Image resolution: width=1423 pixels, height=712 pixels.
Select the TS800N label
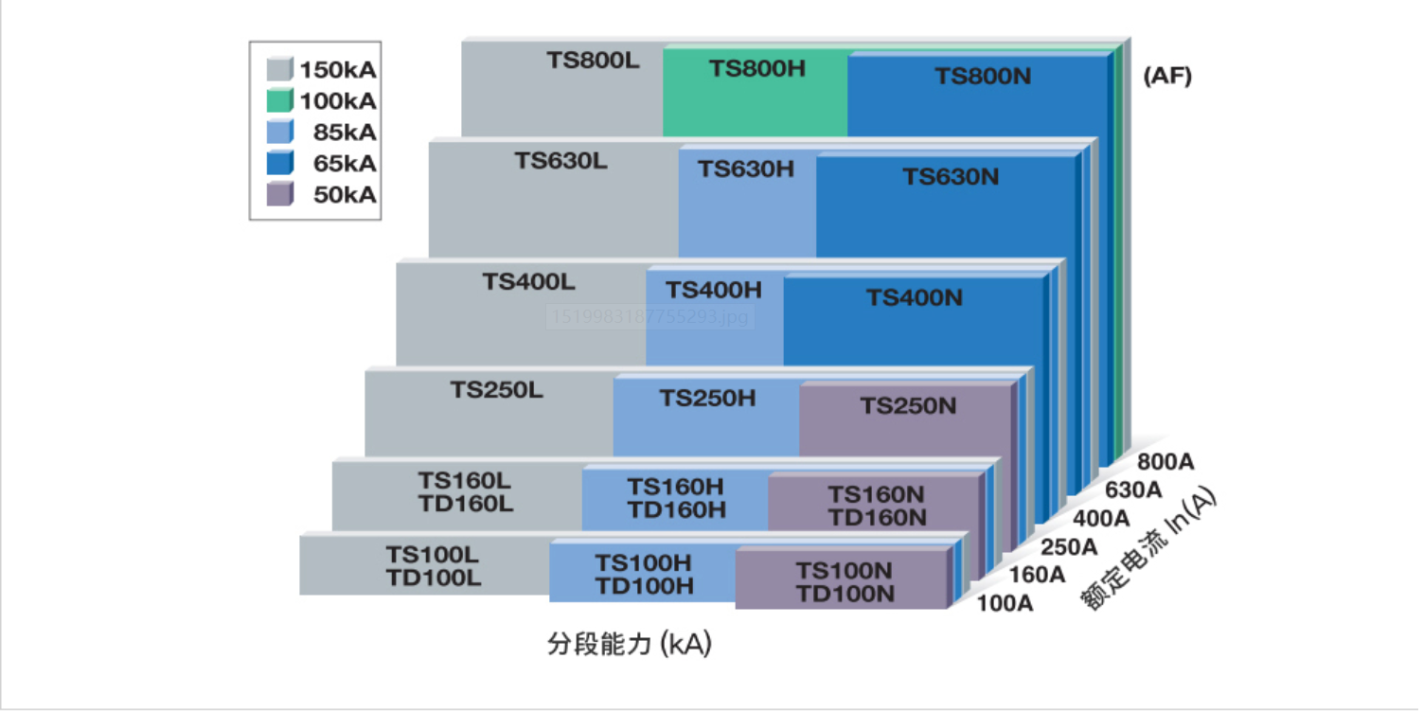983,77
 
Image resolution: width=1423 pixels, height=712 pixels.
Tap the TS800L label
593,60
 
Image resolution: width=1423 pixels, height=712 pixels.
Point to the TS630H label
746,169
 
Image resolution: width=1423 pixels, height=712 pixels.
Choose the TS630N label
951,177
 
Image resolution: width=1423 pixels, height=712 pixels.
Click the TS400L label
528,281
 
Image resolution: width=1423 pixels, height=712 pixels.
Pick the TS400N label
915,298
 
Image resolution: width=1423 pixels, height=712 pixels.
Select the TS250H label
708,399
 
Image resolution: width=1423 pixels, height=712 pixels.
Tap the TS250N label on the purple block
908,406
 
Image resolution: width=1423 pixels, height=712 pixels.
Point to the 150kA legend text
338,69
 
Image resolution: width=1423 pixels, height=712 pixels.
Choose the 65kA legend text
345,163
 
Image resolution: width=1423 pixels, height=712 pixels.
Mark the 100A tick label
1004,602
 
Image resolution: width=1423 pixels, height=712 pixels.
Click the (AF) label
1167,78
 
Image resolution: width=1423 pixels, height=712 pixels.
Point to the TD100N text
845,594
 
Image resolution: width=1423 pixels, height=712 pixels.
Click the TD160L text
466,504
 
